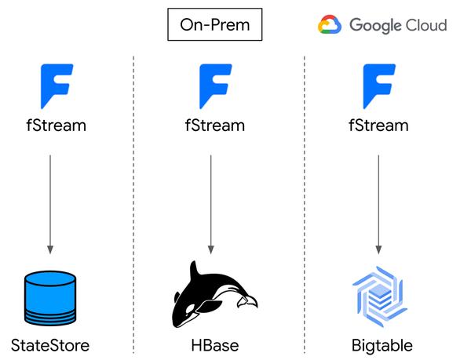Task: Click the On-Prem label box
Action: click(215, 24)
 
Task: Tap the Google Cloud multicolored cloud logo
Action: click(330, 24)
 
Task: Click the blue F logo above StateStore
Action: click(57, 86)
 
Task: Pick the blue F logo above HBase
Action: click(215, 86)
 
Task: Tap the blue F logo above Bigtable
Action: click(379, 86)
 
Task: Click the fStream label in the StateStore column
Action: click(57, 125)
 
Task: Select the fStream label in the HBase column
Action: click(215, 125)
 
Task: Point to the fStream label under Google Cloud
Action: click(378, 125)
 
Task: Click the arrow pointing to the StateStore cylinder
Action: click(50, 205)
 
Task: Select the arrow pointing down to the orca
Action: click(211, 205)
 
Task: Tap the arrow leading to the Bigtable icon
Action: click(378, 205)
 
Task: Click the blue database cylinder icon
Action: click(50, 298)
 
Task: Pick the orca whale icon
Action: click(214, 295)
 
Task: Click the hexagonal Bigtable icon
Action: click(380, 296)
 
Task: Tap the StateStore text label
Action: click(50, 345)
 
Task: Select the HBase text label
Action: click(215, 345)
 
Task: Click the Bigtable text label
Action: click(382, 345)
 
